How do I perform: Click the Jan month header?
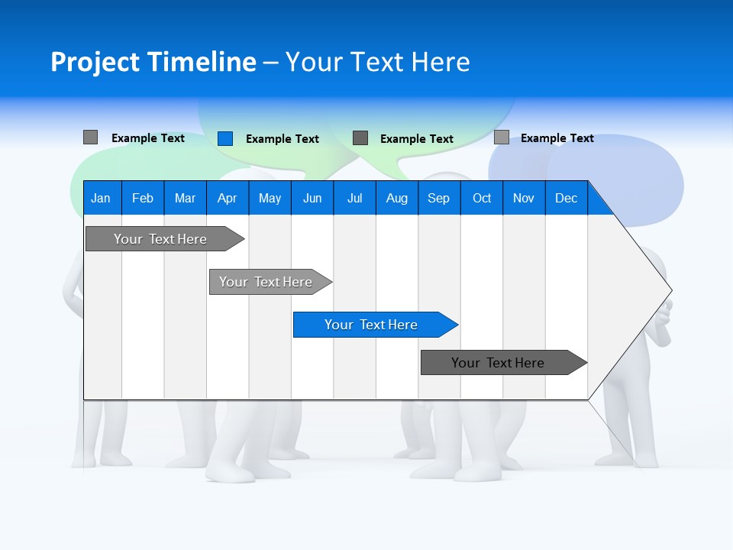[101, 198]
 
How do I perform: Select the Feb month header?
[143, 198]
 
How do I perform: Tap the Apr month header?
[227, 198]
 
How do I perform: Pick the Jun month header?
[312, 198]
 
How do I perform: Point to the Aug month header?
[396, 198]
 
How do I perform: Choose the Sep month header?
[438, 198]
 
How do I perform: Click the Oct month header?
[482, 198]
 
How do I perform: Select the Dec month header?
[566, 198]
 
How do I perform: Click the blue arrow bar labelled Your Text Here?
[371, 325]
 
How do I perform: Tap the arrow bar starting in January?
[160, 239]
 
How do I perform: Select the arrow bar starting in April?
[266, 282]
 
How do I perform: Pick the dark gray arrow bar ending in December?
[498, 363]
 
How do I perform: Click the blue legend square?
[224, 138]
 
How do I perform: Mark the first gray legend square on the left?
[90, 137]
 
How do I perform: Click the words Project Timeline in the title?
[153, 62]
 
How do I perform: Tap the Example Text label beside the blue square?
[282, 139]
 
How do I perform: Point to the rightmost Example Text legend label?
[557, 138]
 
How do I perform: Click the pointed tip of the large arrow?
[670, 290]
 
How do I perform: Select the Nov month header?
[524, 198]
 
